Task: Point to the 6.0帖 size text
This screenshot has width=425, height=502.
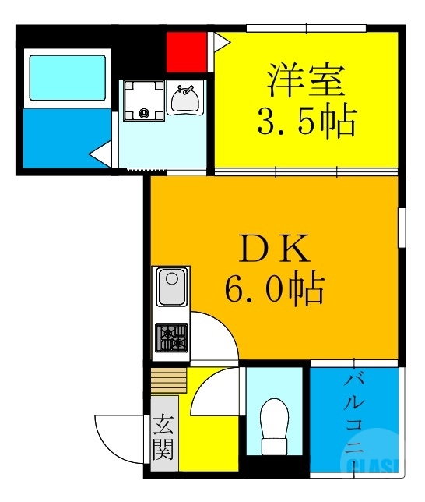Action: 274,290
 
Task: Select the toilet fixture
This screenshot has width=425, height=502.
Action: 273,425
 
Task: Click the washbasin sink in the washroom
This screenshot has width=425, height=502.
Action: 184,99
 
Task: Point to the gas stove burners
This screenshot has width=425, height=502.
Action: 172,338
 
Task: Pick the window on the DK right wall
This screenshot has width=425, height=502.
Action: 402,227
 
